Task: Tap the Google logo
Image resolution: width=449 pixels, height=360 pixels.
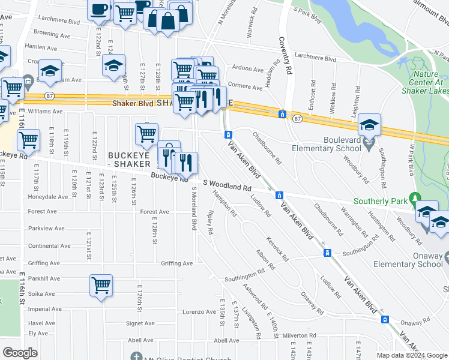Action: coord(20,352)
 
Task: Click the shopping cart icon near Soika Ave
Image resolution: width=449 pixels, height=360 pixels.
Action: coord(101,285)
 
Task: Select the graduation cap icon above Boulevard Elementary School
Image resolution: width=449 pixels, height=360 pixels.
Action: coord(370,125)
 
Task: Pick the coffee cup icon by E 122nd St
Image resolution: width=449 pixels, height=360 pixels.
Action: coord(99,9)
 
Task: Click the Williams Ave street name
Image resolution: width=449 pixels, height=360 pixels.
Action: coord(45,111)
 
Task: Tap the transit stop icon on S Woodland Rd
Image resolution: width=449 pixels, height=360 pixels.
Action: coord(279,196)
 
